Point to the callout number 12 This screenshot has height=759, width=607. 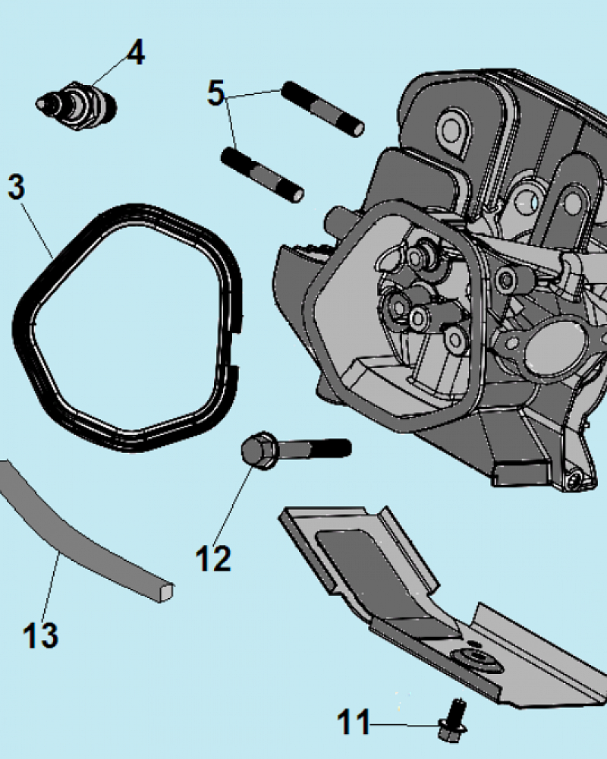pos(213,559)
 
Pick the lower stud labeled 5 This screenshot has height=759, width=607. pos(262,175)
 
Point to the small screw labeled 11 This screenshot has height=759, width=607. pos(453,720)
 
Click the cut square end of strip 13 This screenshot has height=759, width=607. pos(166,591)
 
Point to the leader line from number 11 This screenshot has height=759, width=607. pos(406,725)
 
